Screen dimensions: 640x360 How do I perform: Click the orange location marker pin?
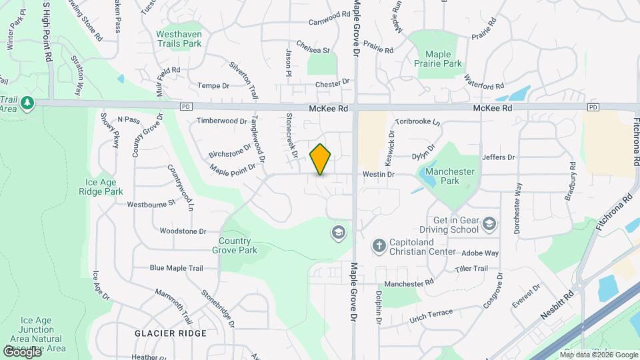[x=321, y=159]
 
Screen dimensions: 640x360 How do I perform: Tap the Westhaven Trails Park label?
[x=179, y=39]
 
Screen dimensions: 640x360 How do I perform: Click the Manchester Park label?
[x=450, y=176]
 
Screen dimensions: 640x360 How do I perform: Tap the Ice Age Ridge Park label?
[x=105, y=187]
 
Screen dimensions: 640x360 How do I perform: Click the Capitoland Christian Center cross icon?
[x=379, y=247]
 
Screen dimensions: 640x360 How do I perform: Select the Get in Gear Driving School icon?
[x=490, y=223]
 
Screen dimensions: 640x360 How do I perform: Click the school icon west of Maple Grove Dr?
[x=339, y=232]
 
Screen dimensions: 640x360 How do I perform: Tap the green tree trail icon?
[x=27, y=103]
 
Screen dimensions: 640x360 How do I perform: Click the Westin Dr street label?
[x=379, y=174]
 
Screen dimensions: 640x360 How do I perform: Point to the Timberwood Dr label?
[x=221, y=121]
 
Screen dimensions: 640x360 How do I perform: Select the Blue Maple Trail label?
[x=176, y=268]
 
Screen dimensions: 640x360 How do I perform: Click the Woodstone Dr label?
[x=183, y=231]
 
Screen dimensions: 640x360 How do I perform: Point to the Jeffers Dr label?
[x=499, y=157]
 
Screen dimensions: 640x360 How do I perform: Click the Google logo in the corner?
[x=22, y=351]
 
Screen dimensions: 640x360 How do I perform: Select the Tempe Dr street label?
[x=213, y=86]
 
